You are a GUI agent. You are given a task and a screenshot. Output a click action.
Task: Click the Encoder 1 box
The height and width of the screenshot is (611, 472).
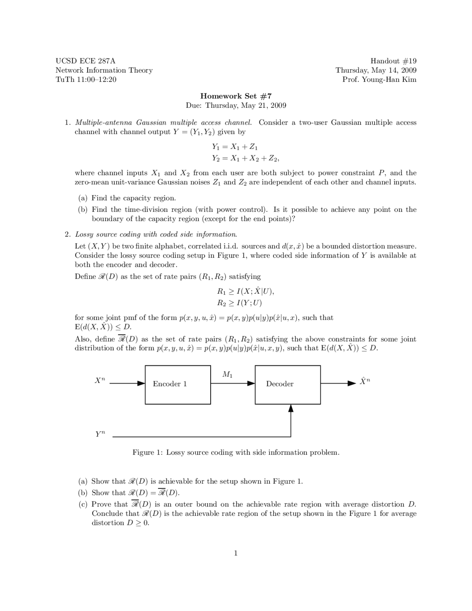pos(178,384)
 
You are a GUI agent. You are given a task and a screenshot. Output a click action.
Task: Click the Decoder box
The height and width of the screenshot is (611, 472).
pos(288,384)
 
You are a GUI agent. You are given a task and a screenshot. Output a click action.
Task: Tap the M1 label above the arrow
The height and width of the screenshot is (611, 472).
pos(228,374)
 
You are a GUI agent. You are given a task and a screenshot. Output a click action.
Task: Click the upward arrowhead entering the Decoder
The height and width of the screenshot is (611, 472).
pos(291,408)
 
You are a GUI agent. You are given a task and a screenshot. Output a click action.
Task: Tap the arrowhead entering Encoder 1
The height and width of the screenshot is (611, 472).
pos(141,383)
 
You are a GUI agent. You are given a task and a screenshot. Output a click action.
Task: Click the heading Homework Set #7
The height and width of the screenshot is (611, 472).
pos(236,96)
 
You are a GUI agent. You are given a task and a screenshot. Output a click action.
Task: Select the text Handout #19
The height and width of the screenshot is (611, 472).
pos(393,61)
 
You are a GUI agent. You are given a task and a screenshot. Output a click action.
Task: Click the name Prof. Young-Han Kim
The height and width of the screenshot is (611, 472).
pos(379,79)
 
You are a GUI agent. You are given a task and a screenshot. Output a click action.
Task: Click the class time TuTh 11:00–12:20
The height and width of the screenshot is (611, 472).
pos(86,79)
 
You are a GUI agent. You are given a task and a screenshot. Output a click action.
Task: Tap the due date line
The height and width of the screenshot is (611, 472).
pos(236,106)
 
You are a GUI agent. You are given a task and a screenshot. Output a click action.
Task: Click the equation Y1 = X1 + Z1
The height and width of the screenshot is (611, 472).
pos(235,146)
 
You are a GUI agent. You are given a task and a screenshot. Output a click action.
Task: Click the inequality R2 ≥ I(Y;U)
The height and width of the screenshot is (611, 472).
pos(239,303)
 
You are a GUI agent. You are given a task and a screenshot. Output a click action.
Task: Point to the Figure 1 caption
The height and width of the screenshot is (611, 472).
pos(236,452)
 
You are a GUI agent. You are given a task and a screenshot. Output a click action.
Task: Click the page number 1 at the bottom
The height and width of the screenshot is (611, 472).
pos(236,553)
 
